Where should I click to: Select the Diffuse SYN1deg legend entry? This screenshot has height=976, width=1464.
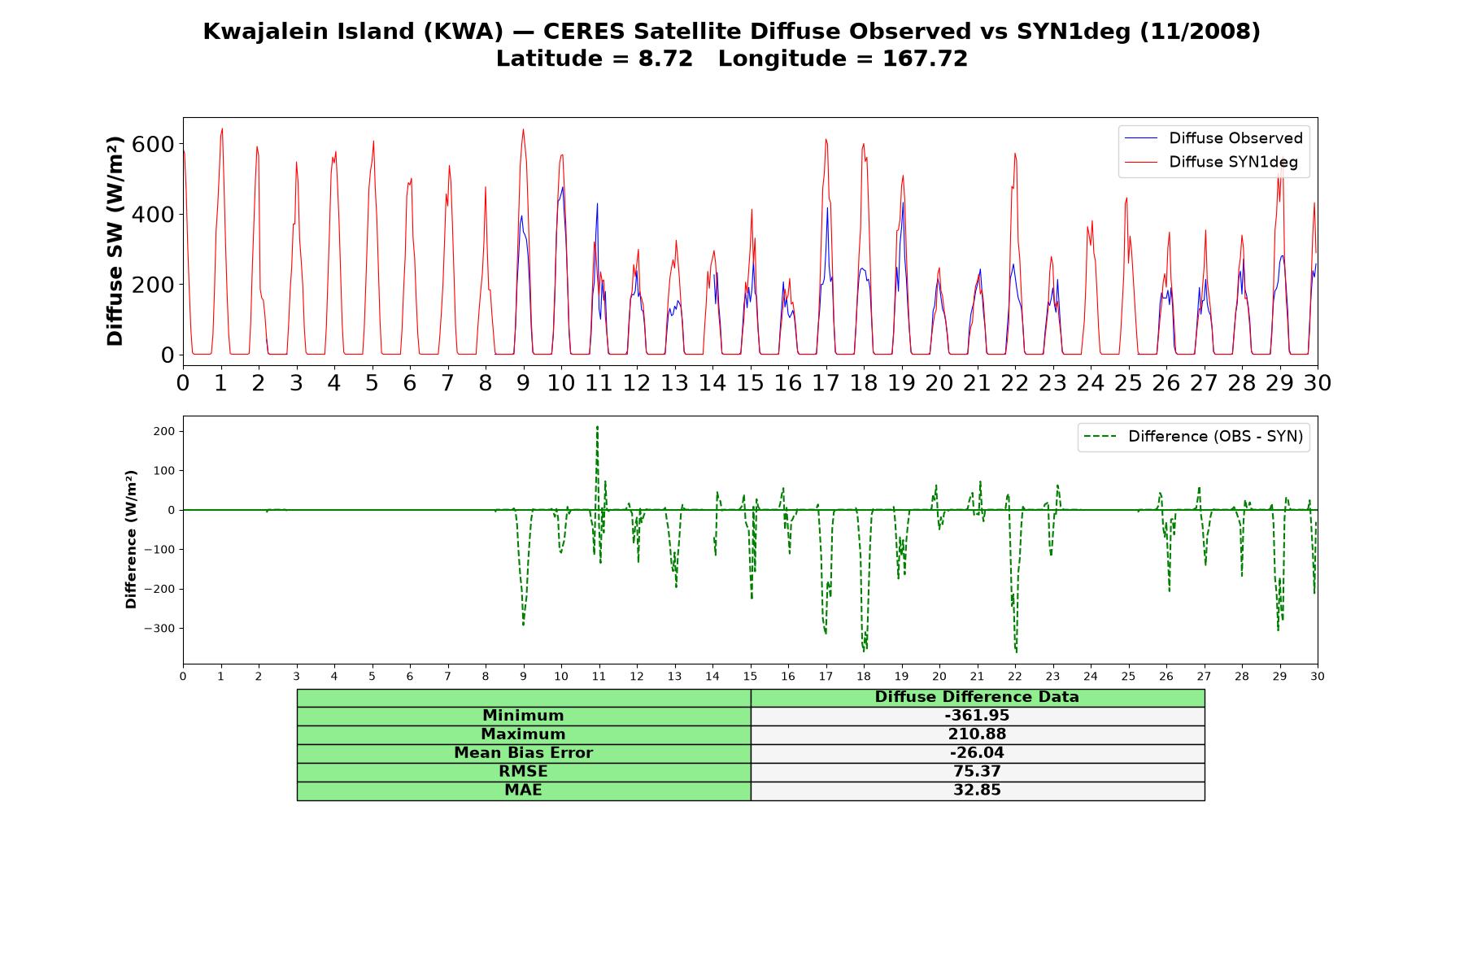(1211, 162)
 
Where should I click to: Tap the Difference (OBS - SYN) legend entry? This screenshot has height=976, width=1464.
(1193, 437)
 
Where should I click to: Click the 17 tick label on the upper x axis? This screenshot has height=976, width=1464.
(826, 382)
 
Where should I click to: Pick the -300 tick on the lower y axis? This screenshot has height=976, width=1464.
(159, 629)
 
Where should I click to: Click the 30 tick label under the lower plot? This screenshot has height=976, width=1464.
(1318, 676)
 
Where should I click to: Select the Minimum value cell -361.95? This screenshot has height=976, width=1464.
(977, 716)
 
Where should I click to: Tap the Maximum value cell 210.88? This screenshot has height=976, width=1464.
(977, 734)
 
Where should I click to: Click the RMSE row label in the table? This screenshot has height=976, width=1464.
(523, 772)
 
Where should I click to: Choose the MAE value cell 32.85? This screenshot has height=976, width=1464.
(977, 791)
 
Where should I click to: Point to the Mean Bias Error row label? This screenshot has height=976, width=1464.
(523, 753)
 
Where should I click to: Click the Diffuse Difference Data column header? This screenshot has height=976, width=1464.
(977, 697)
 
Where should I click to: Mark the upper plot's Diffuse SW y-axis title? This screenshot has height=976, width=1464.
(115, 242)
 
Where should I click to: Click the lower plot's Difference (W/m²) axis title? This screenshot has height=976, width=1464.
(131, 539)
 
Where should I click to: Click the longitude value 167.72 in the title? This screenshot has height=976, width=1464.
(925, 59)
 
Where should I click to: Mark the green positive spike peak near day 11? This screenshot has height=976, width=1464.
(597, 426)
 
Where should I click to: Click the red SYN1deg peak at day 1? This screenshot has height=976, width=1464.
(222, 129)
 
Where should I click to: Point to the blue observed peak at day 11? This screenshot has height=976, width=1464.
(597, 203)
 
